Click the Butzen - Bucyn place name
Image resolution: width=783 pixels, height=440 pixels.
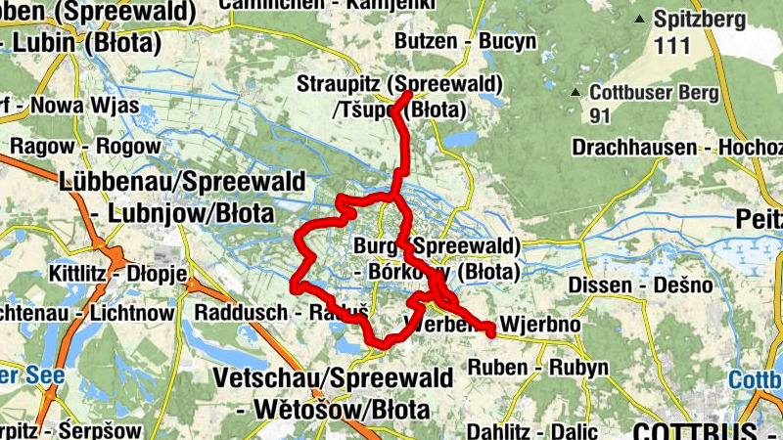point(465,41)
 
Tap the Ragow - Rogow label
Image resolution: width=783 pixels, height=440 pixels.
point(84,146)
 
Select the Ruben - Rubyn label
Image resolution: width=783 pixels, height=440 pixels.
point(538,368)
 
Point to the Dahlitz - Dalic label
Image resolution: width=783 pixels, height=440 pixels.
point(531,431)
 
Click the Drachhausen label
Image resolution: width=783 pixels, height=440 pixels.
point(634,147)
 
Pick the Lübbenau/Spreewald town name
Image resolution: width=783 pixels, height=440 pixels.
point(182,182)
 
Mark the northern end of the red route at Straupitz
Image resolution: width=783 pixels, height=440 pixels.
point(406,94)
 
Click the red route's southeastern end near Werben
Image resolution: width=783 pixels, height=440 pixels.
point(491,334)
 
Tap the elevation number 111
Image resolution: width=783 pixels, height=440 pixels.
point(673,44)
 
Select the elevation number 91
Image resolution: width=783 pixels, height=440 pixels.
point(602,115)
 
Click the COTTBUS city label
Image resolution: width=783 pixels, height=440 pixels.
point(694,430)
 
